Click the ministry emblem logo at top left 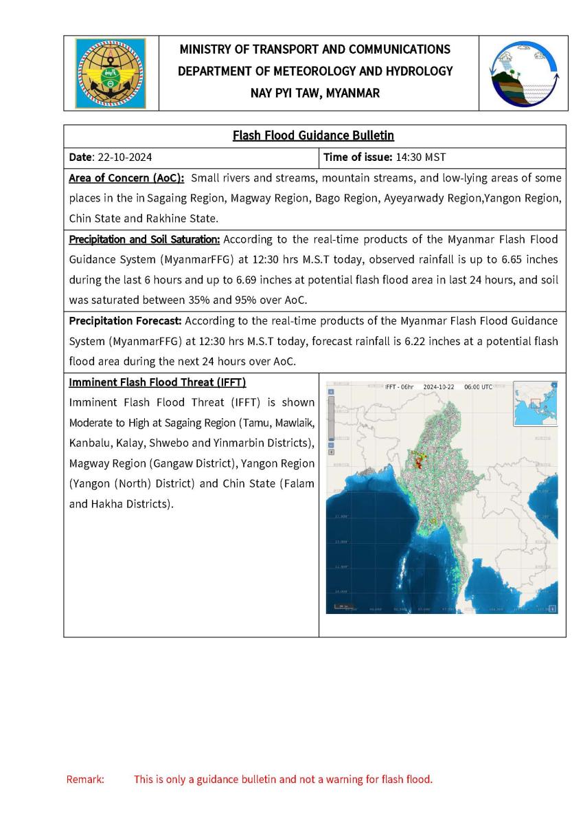[x=111, y=73]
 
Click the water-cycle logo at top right [x=523, y=73]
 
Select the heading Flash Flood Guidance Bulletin [x=313, y=135]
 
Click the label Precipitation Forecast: [x=125, y=321]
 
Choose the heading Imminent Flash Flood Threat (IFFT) [x=157, y=382]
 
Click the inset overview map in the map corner [x=535, y=404]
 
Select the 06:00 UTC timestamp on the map [x=478, y=387]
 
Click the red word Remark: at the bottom [x=85, y=780]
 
